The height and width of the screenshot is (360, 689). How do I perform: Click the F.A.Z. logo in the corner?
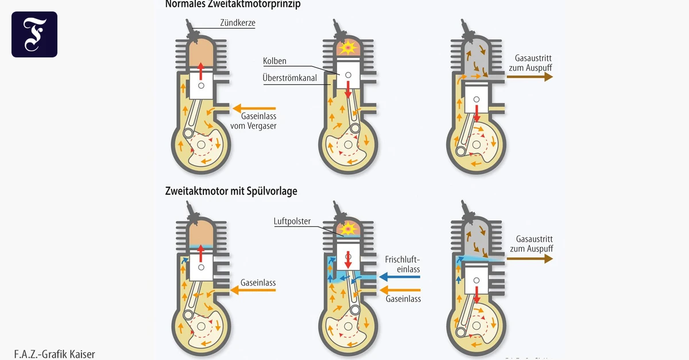point(34,34)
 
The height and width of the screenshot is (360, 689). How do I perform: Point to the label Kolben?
point(274,61)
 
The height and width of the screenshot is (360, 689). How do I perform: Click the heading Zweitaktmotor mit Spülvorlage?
point(231,191)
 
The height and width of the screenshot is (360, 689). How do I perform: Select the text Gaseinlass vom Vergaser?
point(253,121)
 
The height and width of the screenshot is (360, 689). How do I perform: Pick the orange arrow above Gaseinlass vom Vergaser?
point(254,108)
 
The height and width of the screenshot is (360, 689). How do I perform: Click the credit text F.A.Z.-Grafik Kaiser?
point(54,354)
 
